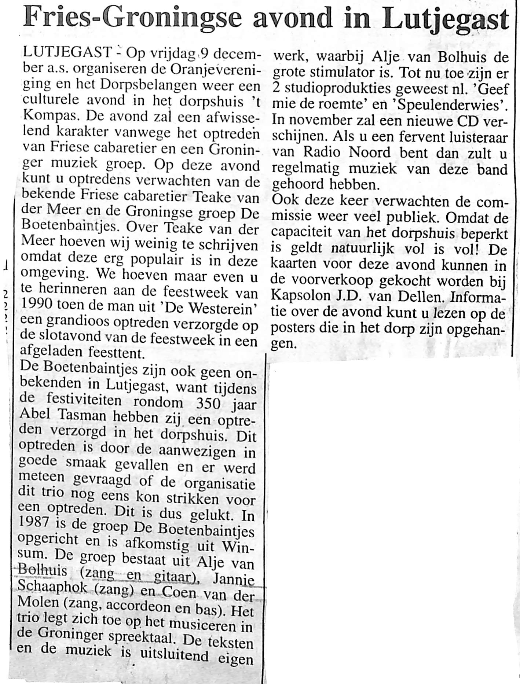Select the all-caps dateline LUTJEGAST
pos(66,53)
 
